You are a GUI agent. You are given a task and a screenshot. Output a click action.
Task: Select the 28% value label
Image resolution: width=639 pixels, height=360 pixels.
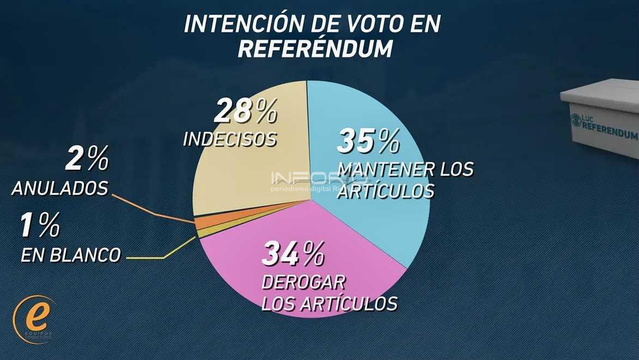245,112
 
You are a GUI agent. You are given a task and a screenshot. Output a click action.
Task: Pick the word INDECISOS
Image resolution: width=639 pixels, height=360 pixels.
230,139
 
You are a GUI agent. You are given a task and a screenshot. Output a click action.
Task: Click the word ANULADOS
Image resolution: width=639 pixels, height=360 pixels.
59,189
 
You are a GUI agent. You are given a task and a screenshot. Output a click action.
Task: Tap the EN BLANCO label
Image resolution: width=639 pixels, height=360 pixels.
70,255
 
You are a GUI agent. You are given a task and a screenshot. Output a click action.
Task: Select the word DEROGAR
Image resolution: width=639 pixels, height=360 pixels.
304,283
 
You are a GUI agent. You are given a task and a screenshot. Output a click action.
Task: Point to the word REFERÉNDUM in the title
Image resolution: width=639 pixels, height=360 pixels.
315,49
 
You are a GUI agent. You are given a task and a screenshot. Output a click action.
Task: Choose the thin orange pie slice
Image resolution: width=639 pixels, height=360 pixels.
201,223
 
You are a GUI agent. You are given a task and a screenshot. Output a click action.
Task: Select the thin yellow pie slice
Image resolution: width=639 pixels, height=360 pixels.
201,233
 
